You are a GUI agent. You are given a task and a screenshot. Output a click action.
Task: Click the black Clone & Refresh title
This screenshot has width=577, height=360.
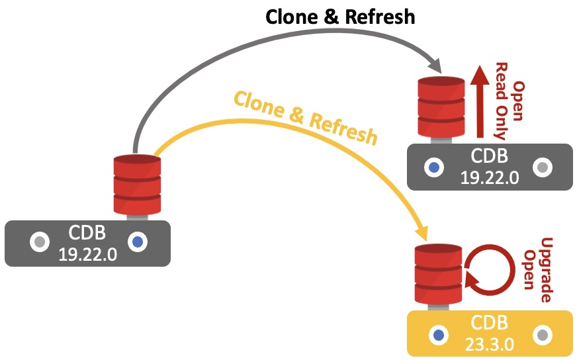[340, 17]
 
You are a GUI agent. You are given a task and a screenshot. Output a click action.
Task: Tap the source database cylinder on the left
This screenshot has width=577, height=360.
[137, 185]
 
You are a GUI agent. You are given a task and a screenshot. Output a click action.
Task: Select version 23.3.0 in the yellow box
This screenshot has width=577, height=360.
[489, 340]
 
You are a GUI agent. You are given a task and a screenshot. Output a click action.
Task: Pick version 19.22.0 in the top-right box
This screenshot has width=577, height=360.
[489, 177]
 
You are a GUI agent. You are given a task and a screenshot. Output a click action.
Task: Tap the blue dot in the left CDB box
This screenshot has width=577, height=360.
[138, 242]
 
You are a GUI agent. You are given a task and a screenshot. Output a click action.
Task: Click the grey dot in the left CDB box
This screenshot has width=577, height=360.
[38, 242]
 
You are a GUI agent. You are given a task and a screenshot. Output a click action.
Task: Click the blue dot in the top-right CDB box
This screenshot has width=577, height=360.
[434, 167]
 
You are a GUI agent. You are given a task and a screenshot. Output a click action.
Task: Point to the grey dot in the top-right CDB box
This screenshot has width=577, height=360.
[543, 167]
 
